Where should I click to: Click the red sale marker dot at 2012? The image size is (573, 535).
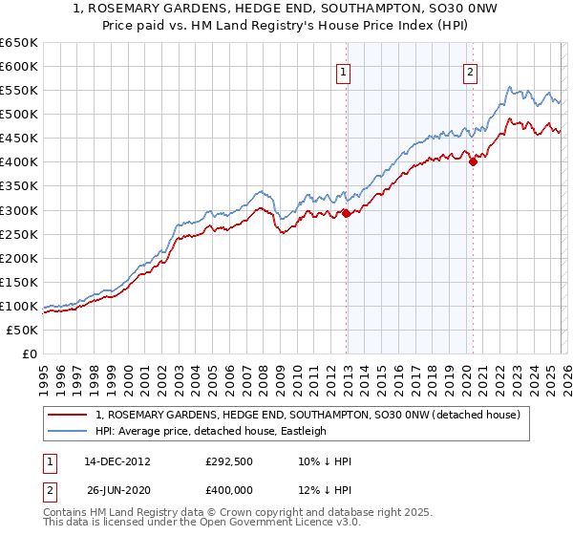click(346, 214)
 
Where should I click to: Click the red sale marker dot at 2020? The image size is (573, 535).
click(473, 162)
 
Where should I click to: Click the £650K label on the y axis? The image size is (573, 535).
click(18, 43)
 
